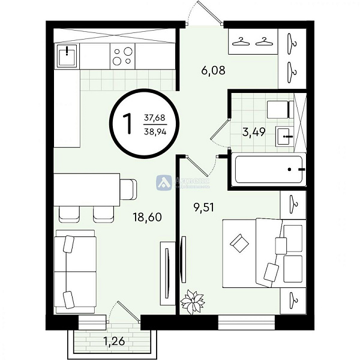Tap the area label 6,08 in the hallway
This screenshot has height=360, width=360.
click(x=214, y=71)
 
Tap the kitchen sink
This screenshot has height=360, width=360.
click(x=67, y=56)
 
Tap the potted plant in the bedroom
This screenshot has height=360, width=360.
click(x=193, y=301)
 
